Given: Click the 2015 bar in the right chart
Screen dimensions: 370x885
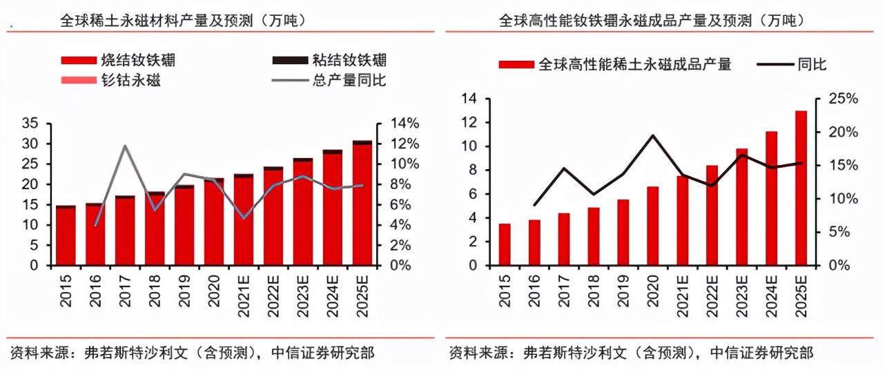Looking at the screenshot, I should (505, 244).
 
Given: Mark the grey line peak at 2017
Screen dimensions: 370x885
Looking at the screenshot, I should (125, 146).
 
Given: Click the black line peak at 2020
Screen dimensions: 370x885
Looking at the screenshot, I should (653, 135).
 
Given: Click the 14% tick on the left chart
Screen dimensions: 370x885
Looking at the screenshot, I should (402, 124).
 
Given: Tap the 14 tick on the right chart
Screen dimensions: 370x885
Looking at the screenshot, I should (469, 99).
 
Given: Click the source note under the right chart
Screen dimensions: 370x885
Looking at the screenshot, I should (631, 353).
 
